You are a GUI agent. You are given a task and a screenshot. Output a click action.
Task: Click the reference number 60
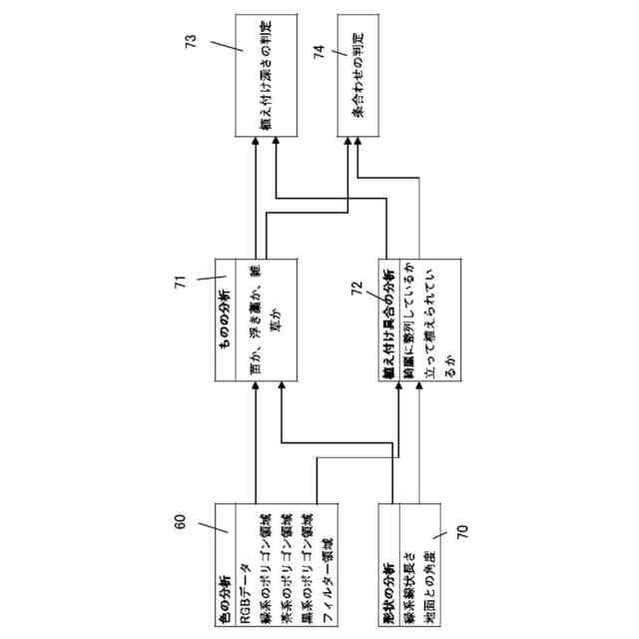pos(180,520)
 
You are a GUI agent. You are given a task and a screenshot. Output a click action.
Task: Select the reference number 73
pos(192,43)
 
